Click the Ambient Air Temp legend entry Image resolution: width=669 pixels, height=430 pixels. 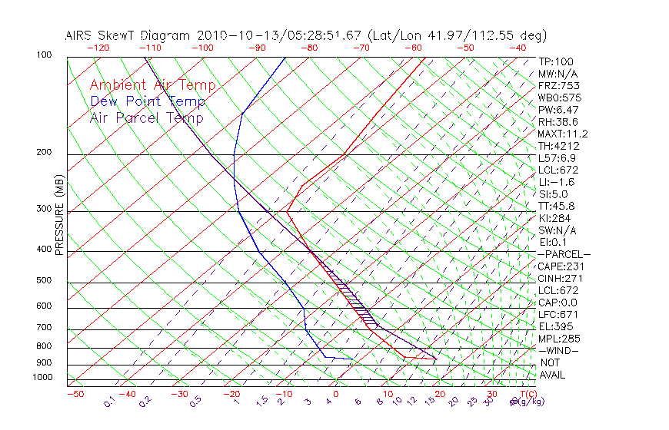(x=152, y=85)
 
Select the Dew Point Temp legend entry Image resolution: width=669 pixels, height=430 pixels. (x=148, y=101)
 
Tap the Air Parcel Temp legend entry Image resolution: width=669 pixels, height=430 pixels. (x=146, y=117)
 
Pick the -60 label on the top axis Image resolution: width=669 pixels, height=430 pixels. (x=414, y=48)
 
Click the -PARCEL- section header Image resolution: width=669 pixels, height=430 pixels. (x=564, y=254)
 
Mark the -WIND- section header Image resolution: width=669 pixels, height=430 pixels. (x=559, y=350)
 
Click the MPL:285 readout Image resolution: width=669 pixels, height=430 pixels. (x=559, y=339)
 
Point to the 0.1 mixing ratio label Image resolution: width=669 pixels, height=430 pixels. (x=110, y=402)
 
